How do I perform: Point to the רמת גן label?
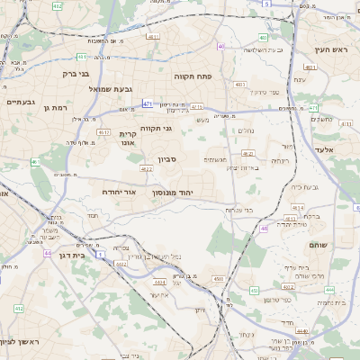coord(55,107)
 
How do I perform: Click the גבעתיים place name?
coord(19,102)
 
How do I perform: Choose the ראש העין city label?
coord(330,49)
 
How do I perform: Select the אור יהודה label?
coord(118,192)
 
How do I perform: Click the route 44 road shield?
coord(47,254)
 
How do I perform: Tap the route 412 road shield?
coord(19,308)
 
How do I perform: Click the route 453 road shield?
coord(255,291)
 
